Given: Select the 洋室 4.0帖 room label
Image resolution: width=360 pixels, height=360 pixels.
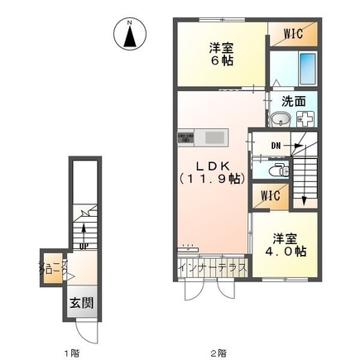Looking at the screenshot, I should tap(286, 241).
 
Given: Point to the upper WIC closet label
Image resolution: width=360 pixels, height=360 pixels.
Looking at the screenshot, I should tap(292, 33).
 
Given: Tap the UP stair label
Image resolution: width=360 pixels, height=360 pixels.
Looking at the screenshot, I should tap(83, 244).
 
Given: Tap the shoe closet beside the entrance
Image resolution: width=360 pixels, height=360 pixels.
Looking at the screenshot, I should tap(51, 270).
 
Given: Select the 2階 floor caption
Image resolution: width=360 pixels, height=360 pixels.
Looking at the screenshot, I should tap(218, 352).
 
